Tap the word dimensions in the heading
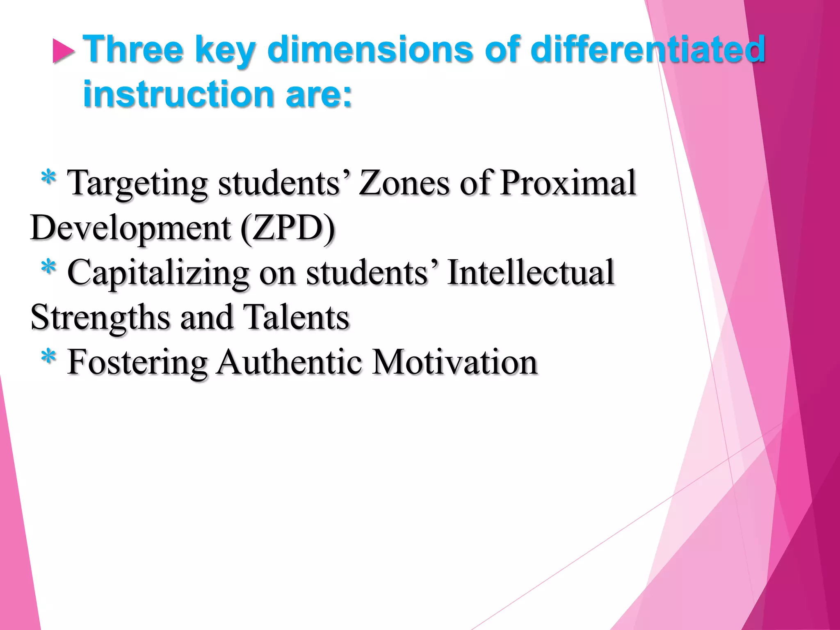tap(371, 49)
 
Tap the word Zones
tap(404, 183)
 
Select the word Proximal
tap(568, 183)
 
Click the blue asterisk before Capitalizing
tap(48, 268)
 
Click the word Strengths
tap(100, 318)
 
